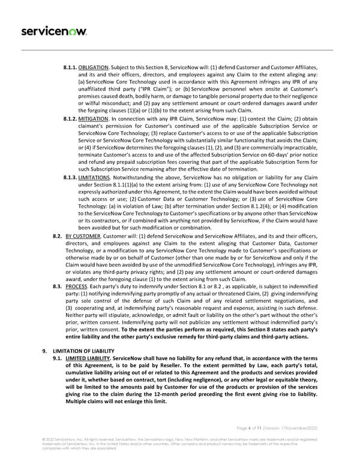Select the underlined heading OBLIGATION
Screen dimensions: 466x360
pyautogui.click(x=94, y=67)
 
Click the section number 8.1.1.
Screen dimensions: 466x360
pyautogui.click(x=70, y=67)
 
